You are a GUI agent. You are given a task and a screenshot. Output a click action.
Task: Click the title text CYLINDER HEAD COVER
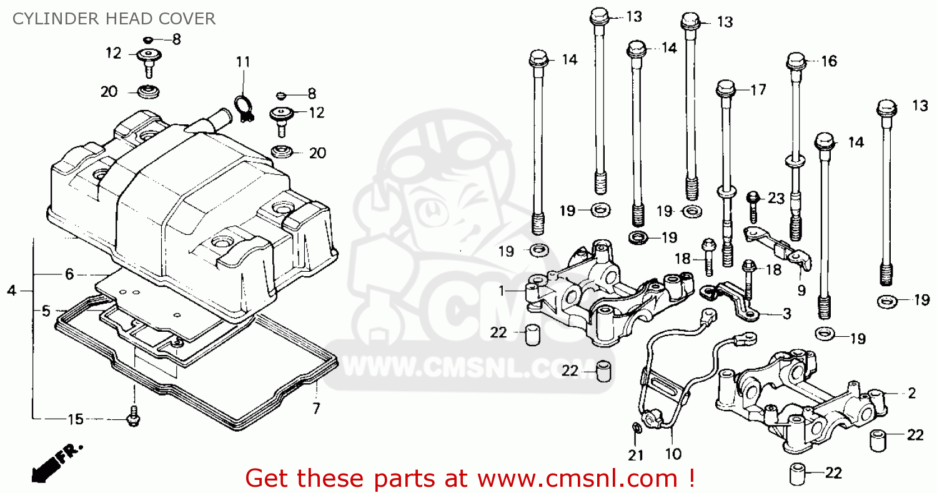point(114,19)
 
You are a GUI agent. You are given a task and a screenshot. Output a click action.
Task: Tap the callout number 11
point(243,62)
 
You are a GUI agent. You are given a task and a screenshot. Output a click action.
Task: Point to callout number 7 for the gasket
point(316,409)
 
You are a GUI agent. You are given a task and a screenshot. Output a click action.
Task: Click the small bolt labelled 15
point(132,417)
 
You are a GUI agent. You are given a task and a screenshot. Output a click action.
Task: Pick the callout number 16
point(828,61)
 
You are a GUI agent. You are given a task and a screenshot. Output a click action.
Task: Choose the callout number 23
point(776,198)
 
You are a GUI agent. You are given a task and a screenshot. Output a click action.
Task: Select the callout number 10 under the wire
point(673,454)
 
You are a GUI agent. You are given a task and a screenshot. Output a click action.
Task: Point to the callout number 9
point(801,290)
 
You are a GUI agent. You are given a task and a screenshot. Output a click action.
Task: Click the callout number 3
point(786,314)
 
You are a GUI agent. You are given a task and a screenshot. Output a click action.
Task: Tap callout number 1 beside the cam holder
point(501,291)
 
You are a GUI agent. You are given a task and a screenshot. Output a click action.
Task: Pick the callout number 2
point(911,393)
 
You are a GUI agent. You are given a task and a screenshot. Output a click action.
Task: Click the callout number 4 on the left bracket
point(11,291)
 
